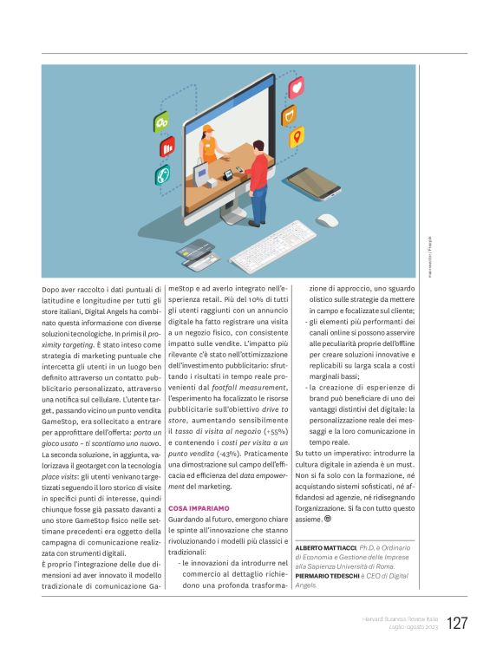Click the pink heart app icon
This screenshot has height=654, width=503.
point(297,87)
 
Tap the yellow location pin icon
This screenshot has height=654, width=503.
point(297,136)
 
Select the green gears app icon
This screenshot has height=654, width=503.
point(161,123)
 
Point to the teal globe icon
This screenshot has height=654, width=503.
point(162,175)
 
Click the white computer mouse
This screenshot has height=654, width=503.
point(327,220)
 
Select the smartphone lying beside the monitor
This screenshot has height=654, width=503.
point(312,183)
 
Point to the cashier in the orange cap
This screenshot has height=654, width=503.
point(208,145)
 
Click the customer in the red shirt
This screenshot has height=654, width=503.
point(257,178)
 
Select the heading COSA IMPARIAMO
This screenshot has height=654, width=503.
point(199,507)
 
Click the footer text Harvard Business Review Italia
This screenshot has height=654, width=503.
point(400,618)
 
